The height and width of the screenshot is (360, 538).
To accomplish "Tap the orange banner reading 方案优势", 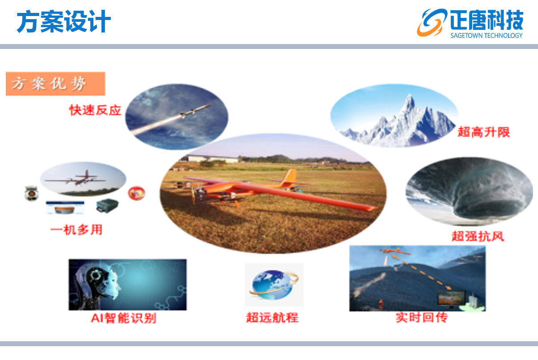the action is tap(56, 84).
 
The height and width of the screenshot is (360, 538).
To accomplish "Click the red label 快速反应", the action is tap(95, 110).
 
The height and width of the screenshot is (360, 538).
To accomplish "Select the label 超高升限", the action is tap(483, 132).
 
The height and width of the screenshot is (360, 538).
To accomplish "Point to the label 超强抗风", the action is tap(478, 236).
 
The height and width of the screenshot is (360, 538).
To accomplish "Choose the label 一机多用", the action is tap(77, 230).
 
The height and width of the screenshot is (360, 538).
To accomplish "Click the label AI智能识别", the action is tap(124, 318).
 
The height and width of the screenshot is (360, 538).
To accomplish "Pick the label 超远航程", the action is tap(272, 317).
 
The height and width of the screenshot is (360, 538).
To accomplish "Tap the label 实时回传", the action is tap(422, 317).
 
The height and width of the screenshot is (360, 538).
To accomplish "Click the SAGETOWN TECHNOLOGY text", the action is tap(486, 36).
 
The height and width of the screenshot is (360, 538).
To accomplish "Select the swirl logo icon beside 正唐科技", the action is tap(432, 22).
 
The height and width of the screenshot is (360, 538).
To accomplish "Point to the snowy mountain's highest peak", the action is tap(409, 96).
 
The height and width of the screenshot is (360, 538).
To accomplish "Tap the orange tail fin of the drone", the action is tap(290, 177).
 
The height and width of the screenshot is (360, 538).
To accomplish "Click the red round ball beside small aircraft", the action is tap(137, 193).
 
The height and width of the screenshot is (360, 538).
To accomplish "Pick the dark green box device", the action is tap(107, 206).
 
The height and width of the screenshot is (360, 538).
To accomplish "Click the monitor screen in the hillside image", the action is tap(451, 298).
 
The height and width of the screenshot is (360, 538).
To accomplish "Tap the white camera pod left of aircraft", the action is tap(32, 193).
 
